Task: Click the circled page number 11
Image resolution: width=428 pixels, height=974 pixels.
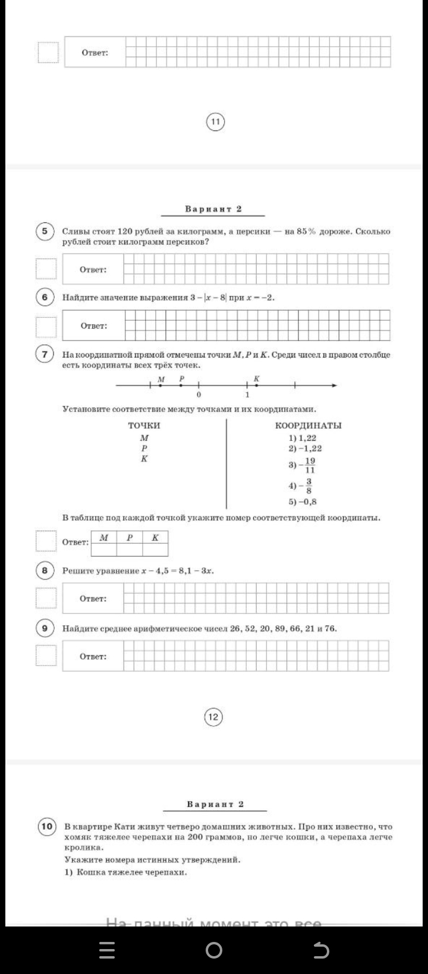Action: (215, 122)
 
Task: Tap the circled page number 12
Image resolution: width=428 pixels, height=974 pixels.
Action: (213, 717)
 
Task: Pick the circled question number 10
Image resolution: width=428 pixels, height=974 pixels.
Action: (46, 826)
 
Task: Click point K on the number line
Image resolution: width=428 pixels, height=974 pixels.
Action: (256, 385)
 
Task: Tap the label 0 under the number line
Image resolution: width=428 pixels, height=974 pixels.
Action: (199, 395)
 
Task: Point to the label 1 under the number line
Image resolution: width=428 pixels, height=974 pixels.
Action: (247, 395)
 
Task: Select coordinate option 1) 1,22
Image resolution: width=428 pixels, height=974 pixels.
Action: (303, 438)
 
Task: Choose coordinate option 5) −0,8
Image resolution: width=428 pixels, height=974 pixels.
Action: (303, 501)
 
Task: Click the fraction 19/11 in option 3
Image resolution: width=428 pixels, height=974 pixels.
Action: (310, 465)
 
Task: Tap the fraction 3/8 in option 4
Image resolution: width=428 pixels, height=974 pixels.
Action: (309, 486)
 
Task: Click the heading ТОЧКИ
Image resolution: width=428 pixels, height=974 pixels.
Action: (144, 425)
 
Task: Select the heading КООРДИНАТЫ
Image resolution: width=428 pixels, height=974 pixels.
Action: (308, 425)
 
